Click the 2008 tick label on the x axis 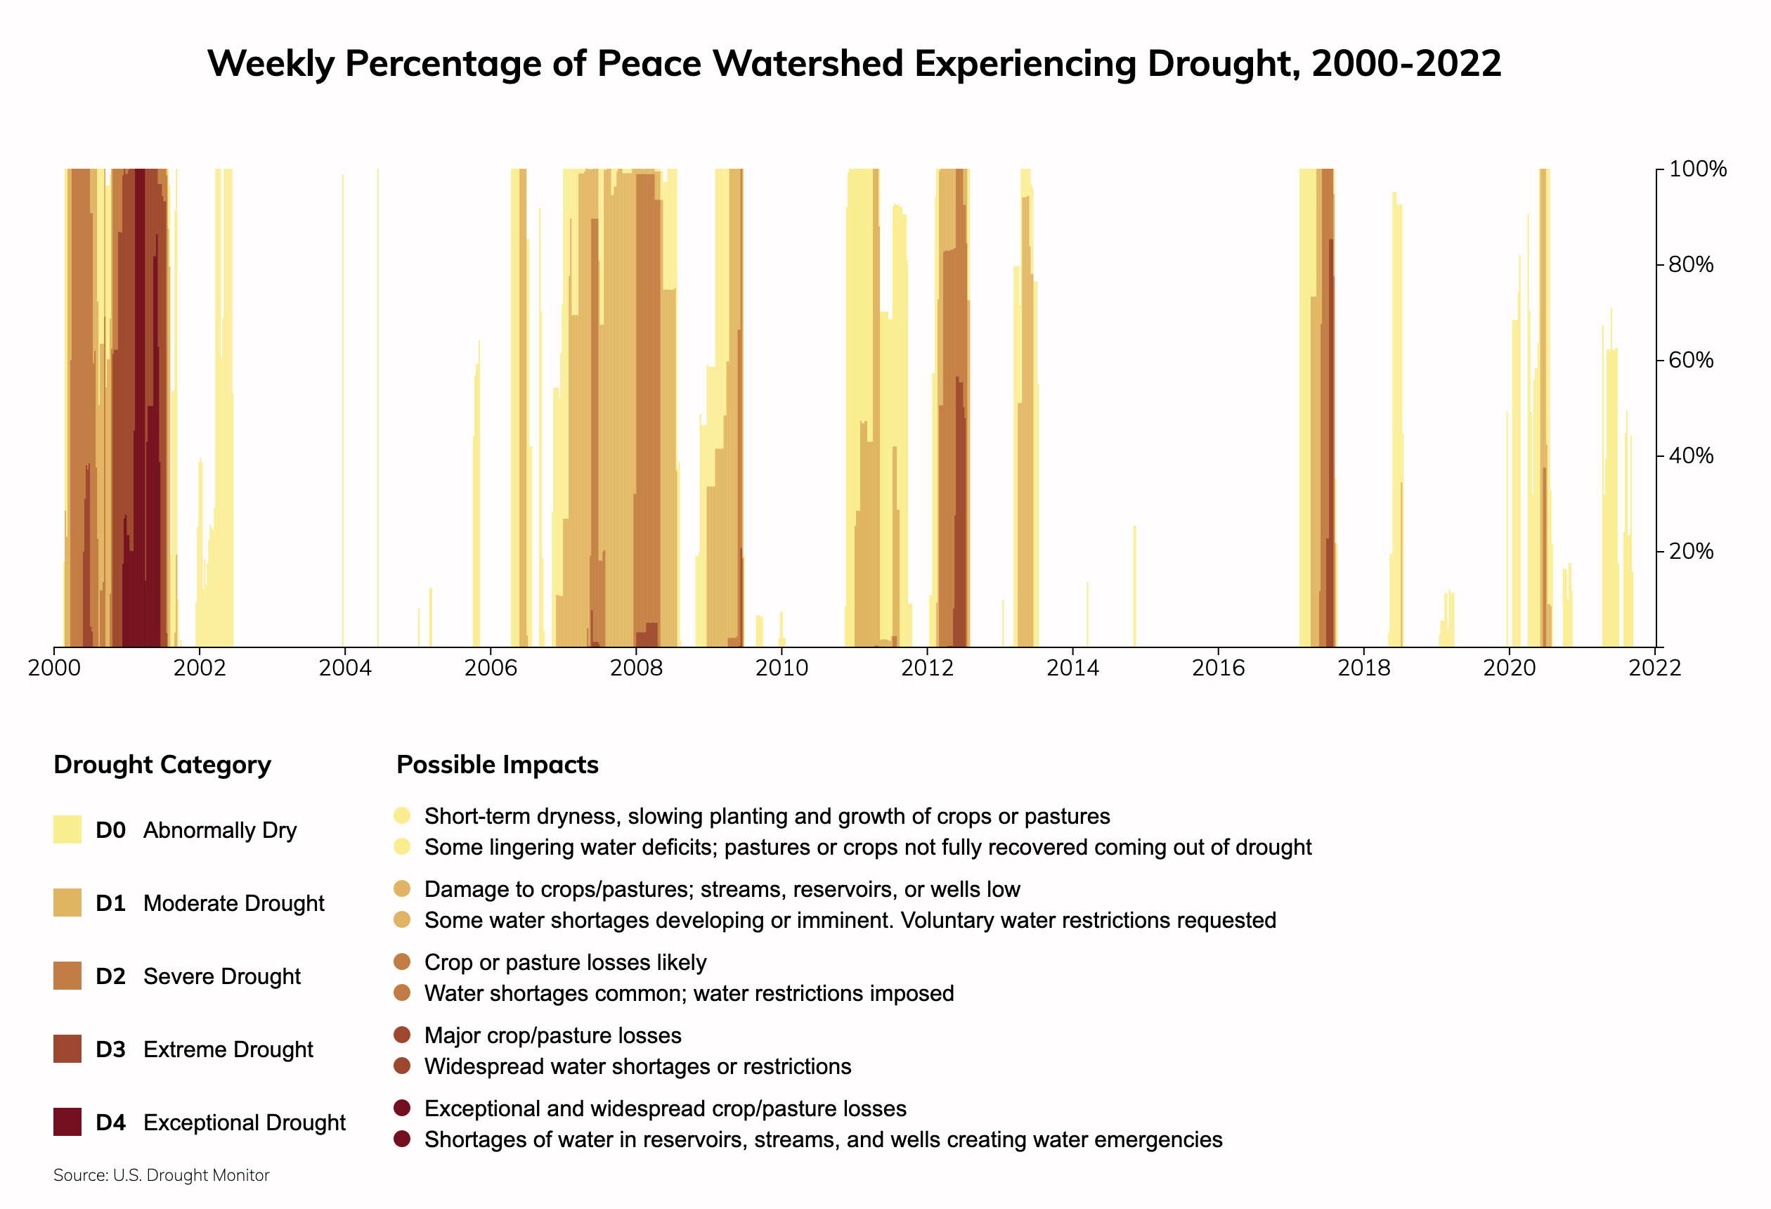tap(635, 668)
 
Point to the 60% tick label tap(1690, 360)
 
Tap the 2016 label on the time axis tap(1218, 668)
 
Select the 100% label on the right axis tap(1697, 169)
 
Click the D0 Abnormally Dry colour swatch tap(67, 829)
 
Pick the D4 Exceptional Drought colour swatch tap(67, 1122)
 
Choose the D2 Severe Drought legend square tap(67, 976)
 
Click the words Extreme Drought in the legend tap(228, 1049)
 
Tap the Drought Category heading tap(162, 765)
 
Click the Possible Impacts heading tap(498, 765)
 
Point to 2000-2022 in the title tap(1407, 63)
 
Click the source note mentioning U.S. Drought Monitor tap(162, 1175)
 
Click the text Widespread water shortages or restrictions tap(638, 1066)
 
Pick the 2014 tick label tap(1072, 668)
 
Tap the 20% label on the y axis tap(1690, 551)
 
